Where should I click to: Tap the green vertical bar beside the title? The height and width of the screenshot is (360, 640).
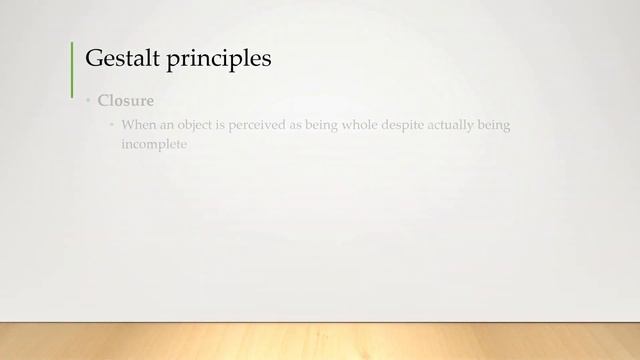pyautogui.click(x=72, y=69)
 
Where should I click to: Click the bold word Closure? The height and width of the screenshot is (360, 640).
pyautogui.click(x=125, y=101)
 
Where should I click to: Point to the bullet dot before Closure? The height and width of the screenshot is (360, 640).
pyautogui.click(x=87, y=102)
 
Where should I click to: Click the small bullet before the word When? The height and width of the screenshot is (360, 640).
pyautogui.click(x=112, y=126)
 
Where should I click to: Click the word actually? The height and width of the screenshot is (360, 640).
pyautogui.click(x=476, y=126)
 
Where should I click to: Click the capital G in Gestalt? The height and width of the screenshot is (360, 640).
pyautogui.click(x=93, y=59)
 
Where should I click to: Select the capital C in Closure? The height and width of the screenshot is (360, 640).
pyautogui.click(x=103, y=101)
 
